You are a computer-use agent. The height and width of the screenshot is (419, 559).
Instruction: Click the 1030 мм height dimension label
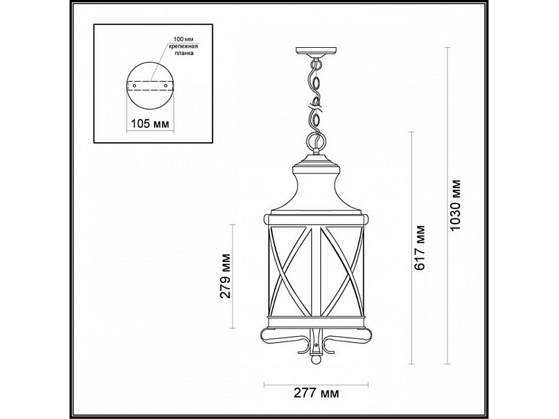(x=457, y=205)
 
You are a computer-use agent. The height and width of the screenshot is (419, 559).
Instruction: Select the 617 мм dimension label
(x=420, y=247)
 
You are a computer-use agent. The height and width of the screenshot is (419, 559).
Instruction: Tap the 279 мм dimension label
(x=225, y=276)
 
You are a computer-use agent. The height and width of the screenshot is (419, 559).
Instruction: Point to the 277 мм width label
(x=317, y=393)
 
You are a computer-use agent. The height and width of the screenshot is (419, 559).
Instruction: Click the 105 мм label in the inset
(x=149, y=124)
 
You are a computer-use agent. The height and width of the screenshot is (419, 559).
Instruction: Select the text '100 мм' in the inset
(x=177, y=40)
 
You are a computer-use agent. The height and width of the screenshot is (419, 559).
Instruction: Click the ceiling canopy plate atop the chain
(x=317, y=52)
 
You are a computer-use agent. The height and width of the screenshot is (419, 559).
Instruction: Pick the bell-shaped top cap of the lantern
(x=316, y=186)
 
